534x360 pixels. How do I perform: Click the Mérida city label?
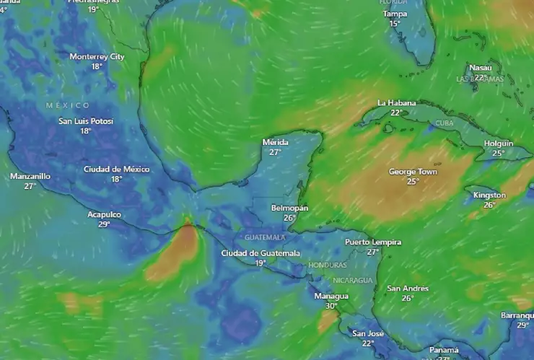(x=275, y=143)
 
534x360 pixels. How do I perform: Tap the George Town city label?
(x=413, y=172)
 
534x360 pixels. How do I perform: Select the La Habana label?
(x=397, y=103)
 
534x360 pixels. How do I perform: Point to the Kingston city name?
(x=490, y=196)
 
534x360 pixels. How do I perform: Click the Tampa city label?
(x=395, y=14)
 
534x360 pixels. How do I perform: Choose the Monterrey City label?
(x=97, y=56)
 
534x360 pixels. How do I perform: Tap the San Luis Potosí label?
(x=86, y=121)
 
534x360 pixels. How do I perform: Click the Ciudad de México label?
(x=116, y=170)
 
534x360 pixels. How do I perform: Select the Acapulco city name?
(x=105, y=215)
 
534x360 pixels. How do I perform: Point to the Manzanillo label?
(x=30, y=176)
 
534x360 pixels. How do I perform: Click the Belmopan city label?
(x=289, y=208)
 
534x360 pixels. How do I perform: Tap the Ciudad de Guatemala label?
(x=261, y=253)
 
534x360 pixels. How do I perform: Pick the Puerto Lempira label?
(x=373, y=242)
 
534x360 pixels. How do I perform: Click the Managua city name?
(x=331, y=297)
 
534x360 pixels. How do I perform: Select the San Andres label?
(x=408, y=289)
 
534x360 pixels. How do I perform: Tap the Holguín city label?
(x=499, y=144)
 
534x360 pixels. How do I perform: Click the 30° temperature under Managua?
(x=331, y=306)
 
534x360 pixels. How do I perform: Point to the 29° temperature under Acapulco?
(x=105, y=224)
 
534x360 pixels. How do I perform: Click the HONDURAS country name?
(x=328, y=265)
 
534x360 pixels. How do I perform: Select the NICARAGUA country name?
(x=353, y=280)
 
